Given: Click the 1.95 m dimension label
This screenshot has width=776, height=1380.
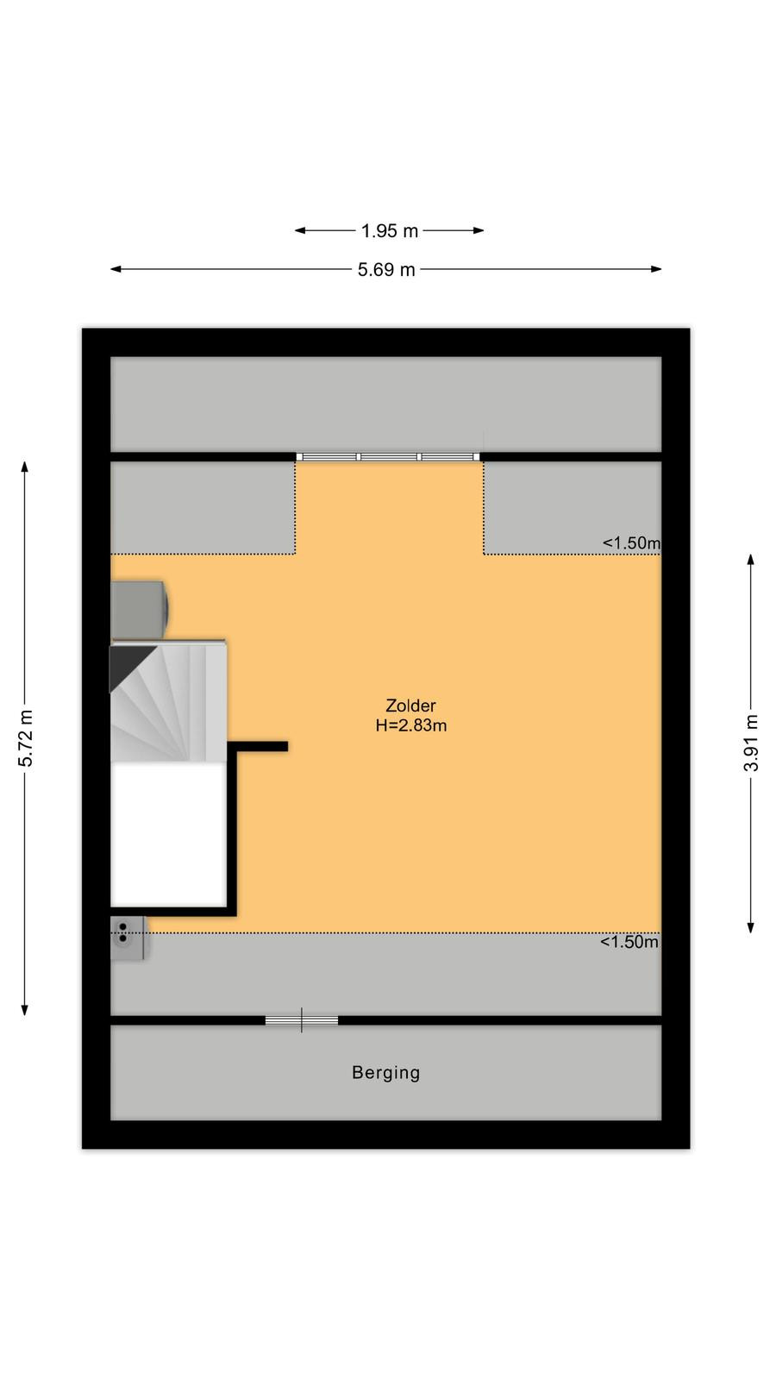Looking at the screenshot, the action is (x=389, y=231).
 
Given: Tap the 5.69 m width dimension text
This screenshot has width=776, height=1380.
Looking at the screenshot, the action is (x=386, y=270).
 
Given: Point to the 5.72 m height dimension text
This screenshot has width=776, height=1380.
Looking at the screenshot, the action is (x=25, y=738).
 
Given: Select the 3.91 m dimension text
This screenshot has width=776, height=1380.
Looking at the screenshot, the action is (x=751, y=743).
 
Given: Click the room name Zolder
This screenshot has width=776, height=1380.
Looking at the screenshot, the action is (x=410, y=706).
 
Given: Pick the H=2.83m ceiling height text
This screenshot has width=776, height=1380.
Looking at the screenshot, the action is (x=410, y=725).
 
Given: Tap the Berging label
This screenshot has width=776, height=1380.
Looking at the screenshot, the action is (x=386, y=1073).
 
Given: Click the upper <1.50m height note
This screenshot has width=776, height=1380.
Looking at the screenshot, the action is (x=631, y=543).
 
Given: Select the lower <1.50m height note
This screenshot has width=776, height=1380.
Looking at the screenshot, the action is (x=629, y=941).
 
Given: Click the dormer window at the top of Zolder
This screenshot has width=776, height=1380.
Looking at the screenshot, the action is (x=388, y=456).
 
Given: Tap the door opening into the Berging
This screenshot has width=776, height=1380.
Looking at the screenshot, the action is (x=302, y=1020).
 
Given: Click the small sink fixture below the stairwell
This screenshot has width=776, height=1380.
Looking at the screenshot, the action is (x=128, y=938).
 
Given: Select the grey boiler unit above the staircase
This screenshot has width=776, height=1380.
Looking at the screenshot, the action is (x=139, y=609).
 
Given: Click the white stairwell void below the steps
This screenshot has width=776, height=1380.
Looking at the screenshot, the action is (x=168, y=834).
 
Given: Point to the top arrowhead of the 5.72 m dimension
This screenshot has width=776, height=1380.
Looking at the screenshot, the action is (x=25, y=467).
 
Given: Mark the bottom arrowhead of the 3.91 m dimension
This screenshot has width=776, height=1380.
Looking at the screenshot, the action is (x=751, y=928).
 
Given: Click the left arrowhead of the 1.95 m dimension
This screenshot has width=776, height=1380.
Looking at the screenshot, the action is (x=301, y=230).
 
